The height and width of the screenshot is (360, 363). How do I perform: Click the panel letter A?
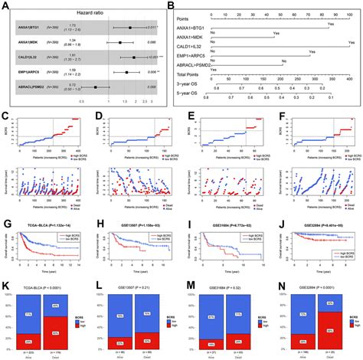pyautogui.click(x=6, y=5)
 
